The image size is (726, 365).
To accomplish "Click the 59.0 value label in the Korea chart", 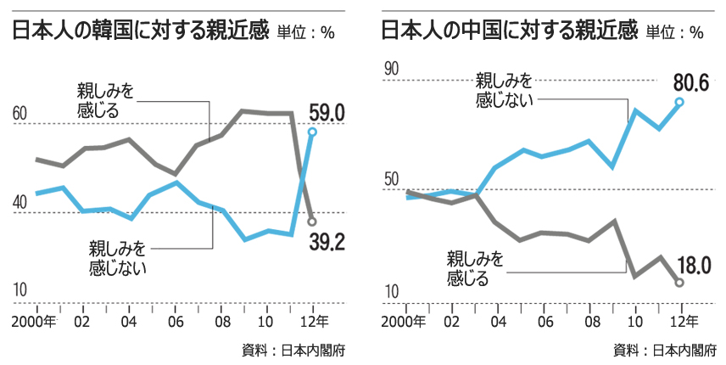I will (x=326, y=112).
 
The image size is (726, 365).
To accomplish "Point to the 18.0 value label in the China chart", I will (x=694, y=265).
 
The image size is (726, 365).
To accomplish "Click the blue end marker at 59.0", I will (x=313, y=132).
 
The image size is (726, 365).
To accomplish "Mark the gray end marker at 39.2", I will (x=313, y=221).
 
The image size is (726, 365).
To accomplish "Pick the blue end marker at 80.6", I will (x=679, y=102).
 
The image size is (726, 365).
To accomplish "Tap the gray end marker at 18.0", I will (x=679, y=283).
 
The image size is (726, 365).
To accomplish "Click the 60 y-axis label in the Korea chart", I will (x=19, y=114).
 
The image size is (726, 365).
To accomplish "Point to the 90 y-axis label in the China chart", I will (x=390, y=70).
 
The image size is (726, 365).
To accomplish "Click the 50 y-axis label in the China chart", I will (x=390, y=180).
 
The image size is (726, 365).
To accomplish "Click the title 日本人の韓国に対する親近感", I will (x=139, y=32).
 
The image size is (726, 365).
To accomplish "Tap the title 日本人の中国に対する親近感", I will (x=507, y=32).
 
